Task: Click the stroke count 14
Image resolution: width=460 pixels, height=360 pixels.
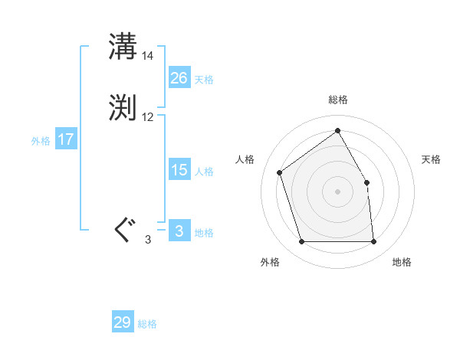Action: (x=148, y=56)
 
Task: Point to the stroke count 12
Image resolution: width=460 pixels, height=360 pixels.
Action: (x=148, y=117)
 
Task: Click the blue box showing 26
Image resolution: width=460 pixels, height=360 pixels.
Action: (x=179, y=78)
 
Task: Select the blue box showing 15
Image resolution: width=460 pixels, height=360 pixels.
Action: (x=179, y=170)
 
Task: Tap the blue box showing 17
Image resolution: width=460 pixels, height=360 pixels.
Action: (x=65, y=139)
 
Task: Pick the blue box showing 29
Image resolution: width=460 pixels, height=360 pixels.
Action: (x=122, y=322)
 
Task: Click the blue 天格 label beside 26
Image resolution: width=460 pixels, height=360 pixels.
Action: (x=204, y=80)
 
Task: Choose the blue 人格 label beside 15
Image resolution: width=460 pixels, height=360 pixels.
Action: (x=204, y=172)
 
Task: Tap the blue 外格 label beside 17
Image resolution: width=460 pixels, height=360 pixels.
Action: (x=41, y=141)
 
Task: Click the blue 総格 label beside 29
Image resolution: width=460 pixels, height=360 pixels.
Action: (x=147, y=324)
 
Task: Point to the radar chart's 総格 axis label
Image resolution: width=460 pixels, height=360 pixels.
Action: (x=337, y=100)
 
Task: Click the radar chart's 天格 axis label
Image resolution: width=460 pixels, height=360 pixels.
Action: (x=431, y=159)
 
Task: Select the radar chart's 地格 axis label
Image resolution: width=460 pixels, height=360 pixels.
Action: (x=402, y=262)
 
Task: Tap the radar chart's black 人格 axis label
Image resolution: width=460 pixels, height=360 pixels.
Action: (x=245, y=159)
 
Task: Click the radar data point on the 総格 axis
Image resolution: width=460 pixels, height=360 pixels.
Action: (x=337, y=130)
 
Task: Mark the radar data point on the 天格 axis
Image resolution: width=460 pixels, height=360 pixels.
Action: (x=366, y=182)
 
